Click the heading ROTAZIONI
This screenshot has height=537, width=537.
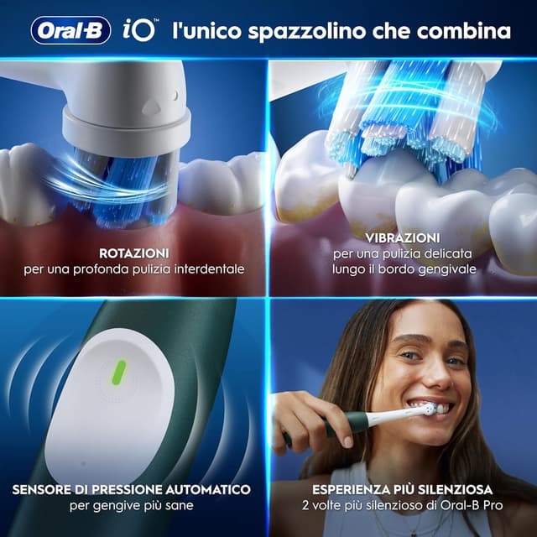[x=134, y=253]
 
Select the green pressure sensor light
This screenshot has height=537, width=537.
[x=119, y=370]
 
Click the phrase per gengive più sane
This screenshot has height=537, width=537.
[x=134, y=505]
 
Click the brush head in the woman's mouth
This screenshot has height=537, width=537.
[x=429, y=409]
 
